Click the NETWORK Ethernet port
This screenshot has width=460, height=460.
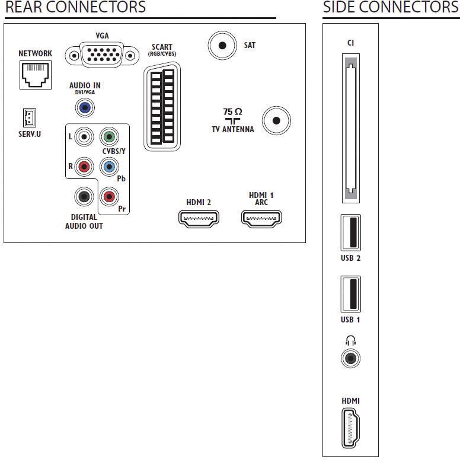pos(36,75)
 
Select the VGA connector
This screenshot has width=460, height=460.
pos(102,55)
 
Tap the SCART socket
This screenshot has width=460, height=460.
pos(162,107)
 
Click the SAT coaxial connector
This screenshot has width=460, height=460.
pos(222,46)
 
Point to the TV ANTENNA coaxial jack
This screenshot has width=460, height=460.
pos(276,120)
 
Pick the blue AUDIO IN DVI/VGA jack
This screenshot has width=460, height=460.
pos(85,108)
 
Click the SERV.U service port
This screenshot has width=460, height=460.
pos(30,118)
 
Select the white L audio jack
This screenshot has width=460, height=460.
pos(84,136)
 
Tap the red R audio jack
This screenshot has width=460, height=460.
pos(84,167)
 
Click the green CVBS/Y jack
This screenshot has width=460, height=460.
pos(109,136)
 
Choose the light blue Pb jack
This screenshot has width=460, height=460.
pos(109,167)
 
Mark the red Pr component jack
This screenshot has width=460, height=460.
pos(109,197)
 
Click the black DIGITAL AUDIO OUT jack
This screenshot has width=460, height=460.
pos(84,197)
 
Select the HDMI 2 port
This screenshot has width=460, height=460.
pos(199,219)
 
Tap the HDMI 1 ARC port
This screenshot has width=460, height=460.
pos(261,219)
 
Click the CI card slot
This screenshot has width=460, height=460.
pos(351,128)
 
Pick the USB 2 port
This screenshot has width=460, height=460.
pos(350,232)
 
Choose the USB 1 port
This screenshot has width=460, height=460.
pos(350,294)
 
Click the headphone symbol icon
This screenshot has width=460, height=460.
pos(350,341)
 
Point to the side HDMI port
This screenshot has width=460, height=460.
pos(350,429)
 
